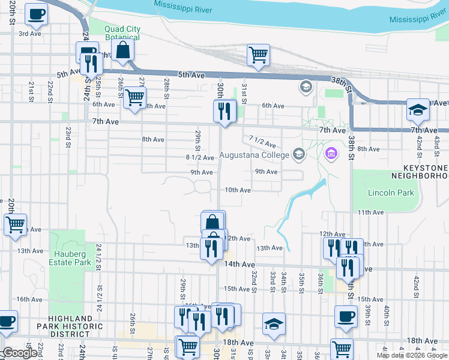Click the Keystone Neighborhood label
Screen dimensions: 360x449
(x=419, y=172)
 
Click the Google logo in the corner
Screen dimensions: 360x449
(x=20, y=353)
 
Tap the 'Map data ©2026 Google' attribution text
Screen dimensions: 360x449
(x=412, y=355)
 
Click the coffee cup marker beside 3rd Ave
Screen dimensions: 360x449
(x=36, y=14)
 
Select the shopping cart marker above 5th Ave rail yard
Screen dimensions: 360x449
(x=258, y=55)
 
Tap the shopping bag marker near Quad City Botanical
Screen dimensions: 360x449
(x=122, y=51)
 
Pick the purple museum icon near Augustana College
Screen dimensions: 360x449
(x=330, y=155)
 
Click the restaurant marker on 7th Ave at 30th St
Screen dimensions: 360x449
(x=224, y=112)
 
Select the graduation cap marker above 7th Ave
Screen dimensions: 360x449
(x=417, y=110)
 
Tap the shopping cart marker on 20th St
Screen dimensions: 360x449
(x=15, y=224)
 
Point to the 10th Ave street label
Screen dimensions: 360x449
(x=237, y=190)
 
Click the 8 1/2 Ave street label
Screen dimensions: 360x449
(x=200, y=158)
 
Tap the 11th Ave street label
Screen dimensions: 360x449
(x=370, y=212)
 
